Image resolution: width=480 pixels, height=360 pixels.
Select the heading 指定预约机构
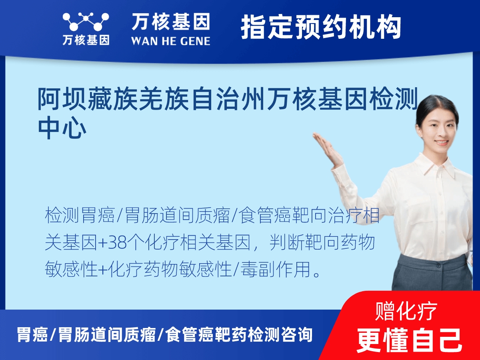pyautogui.click(x=321, y=27)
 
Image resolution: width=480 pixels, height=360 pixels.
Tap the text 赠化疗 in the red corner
pyautogui.click(x=406, y=311)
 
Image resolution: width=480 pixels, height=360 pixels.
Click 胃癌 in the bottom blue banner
pyautogui.click(x=32, y=334)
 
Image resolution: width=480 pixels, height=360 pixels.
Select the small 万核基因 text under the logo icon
pyautogui.click(x=86, y=40)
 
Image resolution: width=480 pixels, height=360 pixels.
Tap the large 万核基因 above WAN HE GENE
pyautogui.click(x=170, y=22)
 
